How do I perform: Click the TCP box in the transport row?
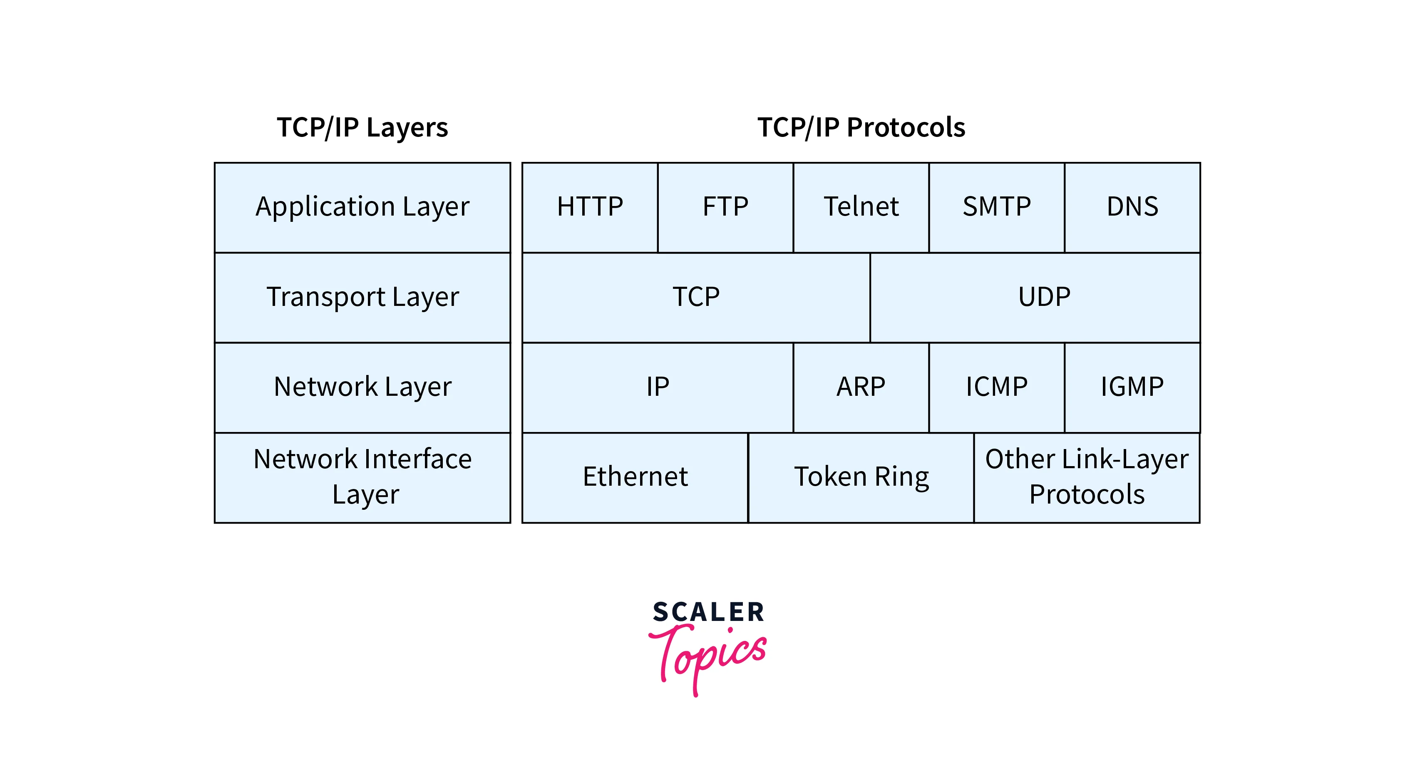point(696,297)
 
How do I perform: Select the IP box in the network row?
point(658,387)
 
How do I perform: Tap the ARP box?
point(861,387)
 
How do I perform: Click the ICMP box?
point(996,387)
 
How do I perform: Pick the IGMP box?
point(1132,387)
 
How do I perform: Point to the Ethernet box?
point(635,477)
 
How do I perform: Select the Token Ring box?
point(861,477)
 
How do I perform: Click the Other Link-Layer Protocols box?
point(1087,477)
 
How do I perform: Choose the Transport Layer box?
point(362,297)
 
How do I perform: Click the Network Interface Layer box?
point(362,477)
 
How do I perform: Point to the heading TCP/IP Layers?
point(362,127)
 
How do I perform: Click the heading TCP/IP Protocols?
point(861,127)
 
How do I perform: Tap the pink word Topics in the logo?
point(709,656)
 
